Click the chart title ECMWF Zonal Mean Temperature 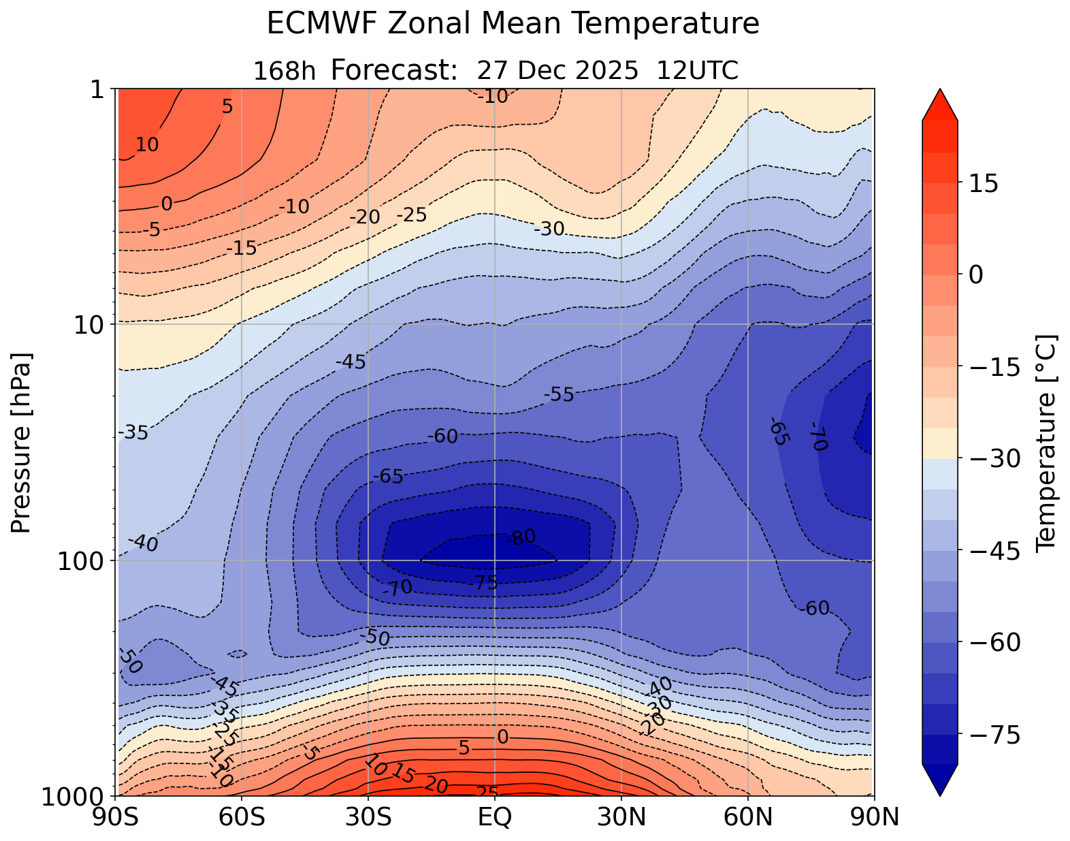513,25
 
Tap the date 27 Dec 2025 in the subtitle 557,70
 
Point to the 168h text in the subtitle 284,71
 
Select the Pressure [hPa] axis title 22,443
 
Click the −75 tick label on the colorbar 994,735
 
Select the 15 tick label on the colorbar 983,184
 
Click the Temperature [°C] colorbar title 1045,443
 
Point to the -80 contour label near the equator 521,538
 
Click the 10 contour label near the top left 146,144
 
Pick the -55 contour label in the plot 559,394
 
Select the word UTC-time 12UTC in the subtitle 698,70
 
